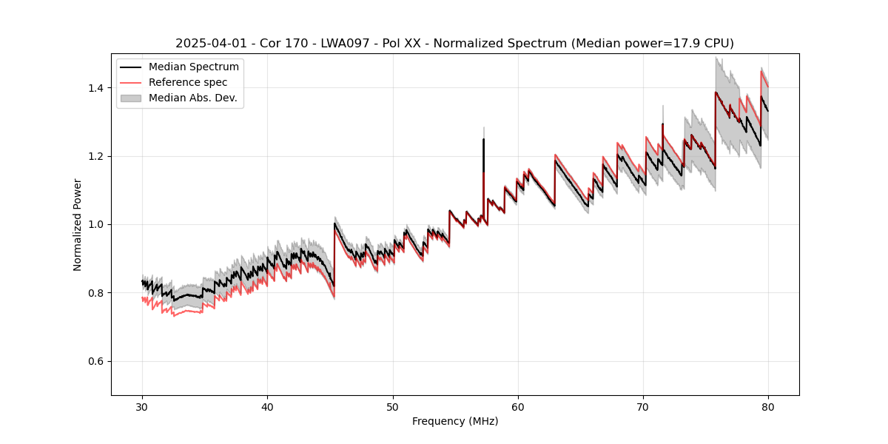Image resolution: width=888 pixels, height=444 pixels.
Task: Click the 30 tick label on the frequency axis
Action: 142,407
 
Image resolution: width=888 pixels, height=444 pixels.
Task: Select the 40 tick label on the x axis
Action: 267,407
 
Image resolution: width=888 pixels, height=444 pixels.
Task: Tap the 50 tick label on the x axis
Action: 393,407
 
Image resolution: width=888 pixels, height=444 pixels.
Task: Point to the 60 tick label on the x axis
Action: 518,407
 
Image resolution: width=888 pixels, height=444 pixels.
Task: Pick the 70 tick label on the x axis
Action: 643,407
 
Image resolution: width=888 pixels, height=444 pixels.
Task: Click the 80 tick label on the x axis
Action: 768,407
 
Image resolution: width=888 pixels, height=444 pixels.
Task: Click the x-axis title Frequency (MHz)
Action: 455,421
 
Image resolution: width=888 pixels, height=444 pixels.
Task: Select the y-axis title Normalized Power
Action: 78,224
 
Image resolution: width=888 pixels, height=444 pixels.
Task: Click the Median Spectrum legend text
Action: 193,67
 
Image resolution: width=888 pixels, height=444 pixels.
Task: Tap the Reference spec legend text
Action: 188,82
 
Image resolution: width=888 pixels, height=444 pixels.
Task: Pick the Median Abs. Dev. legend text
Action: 192,98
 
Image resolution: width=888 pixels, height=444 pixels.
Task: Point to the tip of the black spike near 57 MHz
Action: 483,139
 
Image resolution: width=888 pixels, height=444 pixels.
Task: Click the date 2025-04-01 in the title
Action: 208,44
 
